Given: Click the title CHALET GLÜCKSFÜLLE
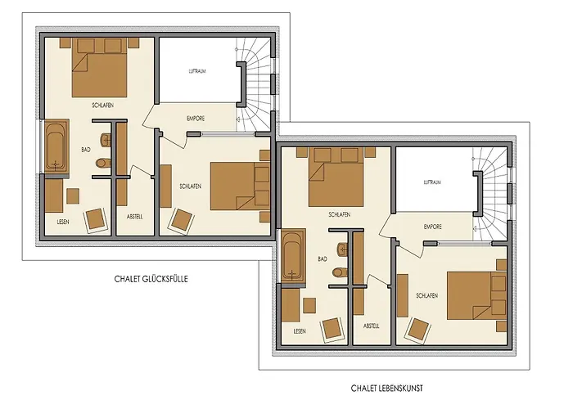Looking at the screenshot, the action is (x=151, y=279).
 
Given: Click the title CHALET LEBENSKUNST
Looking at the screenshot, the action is (x=386, y=388).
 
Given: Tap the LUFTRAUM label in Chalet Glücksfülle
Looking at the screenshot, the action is (x=197, y=71).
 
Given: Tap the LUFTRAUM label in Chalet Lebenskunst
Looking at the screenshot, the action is (x=432, y=182).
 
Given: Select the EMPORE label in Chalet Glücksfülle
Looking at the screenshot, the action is (x=196, y=119).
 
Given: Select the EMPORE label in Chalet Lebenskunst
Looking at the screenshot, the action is (x=433, y=227).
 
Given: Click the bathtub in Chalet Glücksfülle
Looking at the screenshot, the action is (x=56, y=146).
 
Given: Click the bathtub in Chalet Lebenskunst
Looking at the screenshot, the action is (x=293, y=255).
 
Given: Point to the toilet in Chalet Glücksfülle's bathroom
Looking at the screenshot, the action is (x=103, y=163).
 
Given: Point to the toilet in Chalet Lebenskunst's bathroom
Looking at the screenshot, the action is (x=340, y=272).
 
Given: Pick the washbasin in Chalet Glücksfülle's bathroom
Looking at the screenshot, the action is (x=106, y=140).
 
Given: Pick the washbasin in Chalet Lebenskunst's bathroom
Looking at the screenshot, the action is (x=343, y=249).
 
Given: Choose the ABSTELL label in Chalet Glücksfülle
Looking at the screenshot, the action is (x=135, y=217).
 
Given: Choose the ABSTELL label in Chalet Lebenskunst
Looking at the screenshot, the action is (x=372, y=326).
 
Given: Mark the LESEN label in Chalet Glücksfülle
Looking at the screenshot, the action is (x=63, y=222).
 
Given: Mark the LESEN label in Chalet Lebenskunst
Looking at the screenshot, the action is (x=300, y=331).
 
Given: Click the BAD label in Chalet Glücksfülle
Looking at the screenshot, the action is (x=86, y=150).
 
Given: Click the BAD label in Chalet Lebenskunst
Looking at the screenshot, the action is (x=323, y=259).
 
